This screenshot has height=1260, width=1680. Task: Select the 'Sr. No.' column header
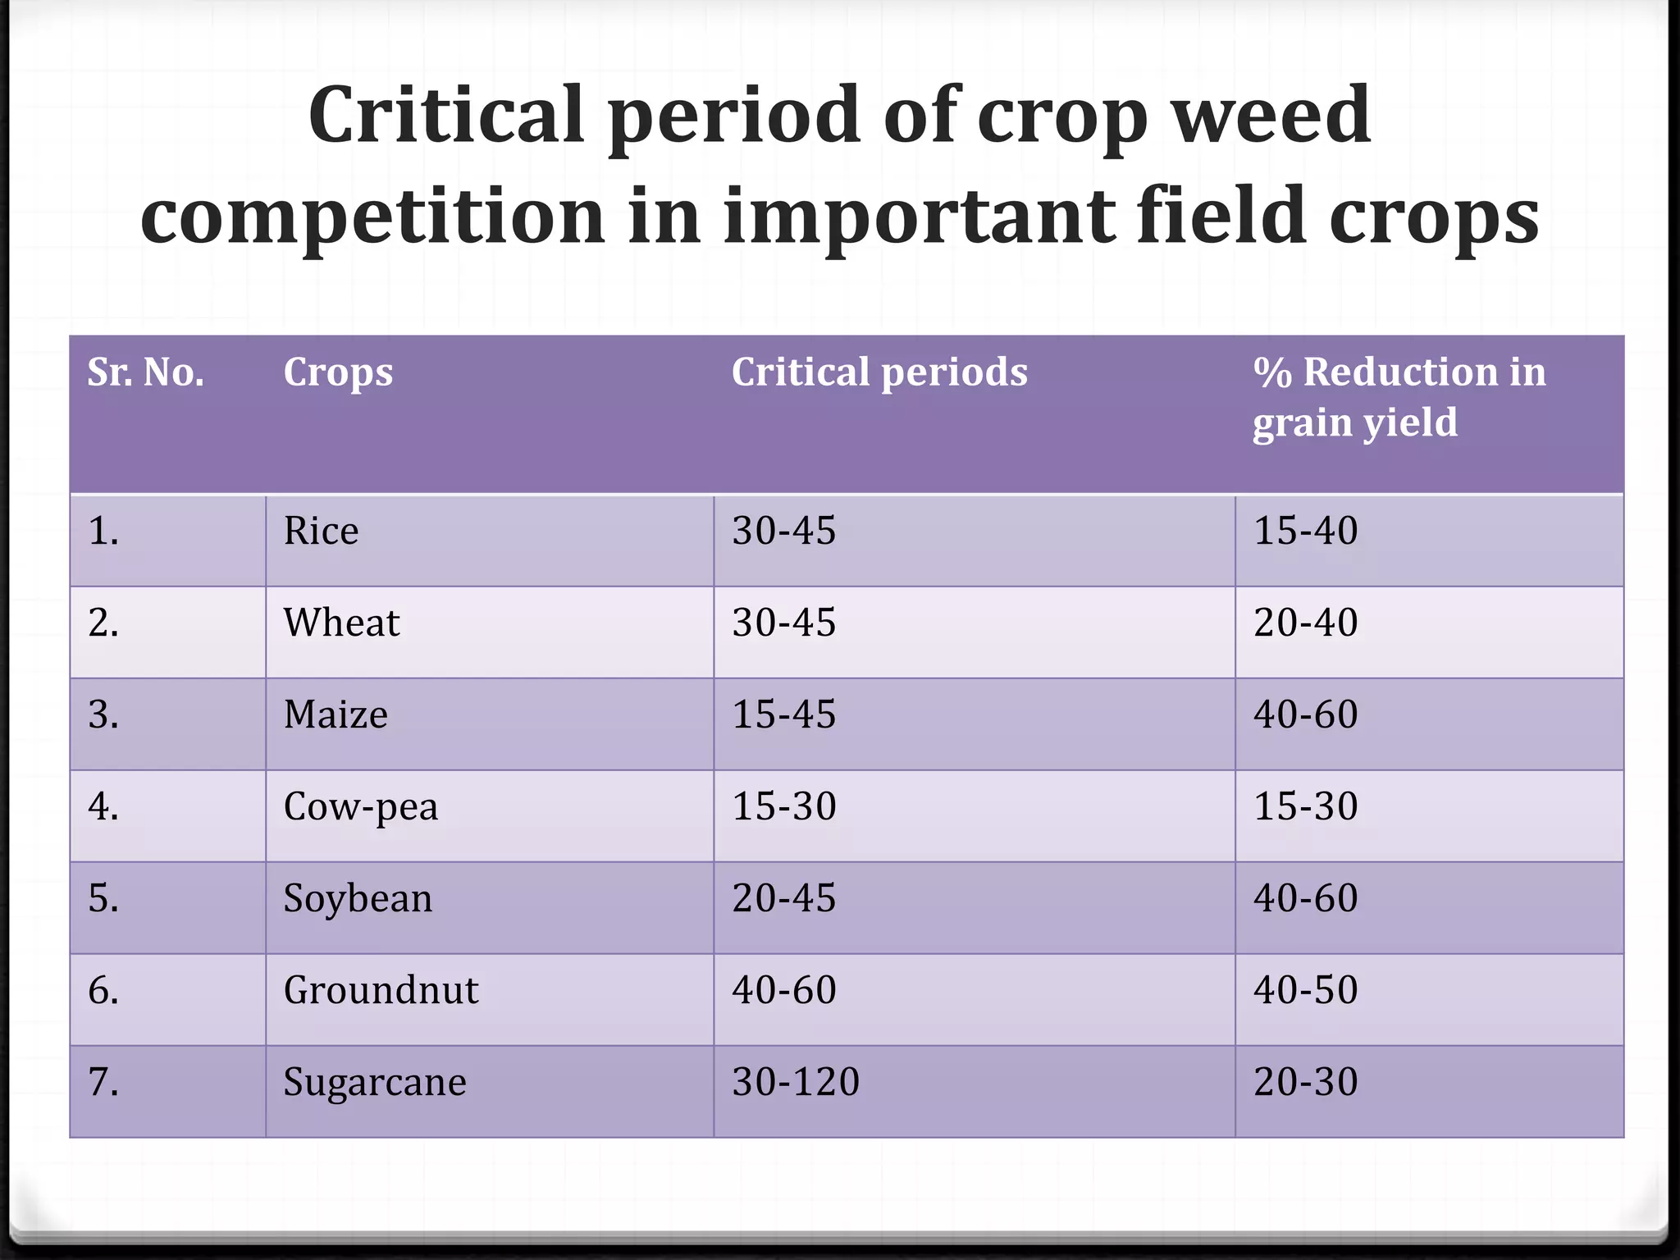point(145,372)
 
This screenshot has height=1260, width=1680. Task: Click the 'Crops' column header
point(338,372)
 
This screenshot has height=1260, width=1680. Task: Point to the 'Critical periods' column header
point(879,372)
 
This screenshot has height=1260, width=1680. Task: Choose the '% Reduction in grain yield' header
point(1398,397)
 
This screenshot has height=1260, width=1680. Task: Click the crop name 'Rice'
point(321,531)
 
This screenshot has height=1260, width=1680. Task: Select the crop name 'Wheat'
point(341,623)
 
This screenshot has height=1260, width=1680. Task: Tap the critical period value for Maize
point(783,714)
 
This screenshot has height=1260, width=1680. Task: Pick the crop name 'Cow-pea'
point(360,806)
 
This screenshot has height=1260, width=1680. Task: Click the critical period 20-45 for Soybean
point(783,898)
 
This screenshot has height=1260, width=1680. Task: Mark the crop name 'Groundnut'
point(381,990)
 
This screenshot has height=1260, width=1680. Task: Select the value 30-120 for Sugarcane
point(795,1082)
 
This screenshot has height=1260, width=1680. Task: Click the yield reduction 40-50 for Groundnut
point(1305,990)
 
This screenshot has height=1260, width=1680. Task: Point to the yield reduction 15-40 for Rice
point(1305,531)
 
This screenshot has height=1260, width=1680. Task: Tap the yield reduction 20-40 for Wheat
point(1305,623)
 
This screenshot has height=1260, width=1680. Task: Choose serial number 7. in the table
point(103,1082)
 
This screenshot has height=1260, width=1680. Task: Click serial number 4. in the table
point(103,806)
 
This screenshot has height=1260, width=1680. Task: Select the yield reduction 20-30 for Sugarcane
point(1305,1082)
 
